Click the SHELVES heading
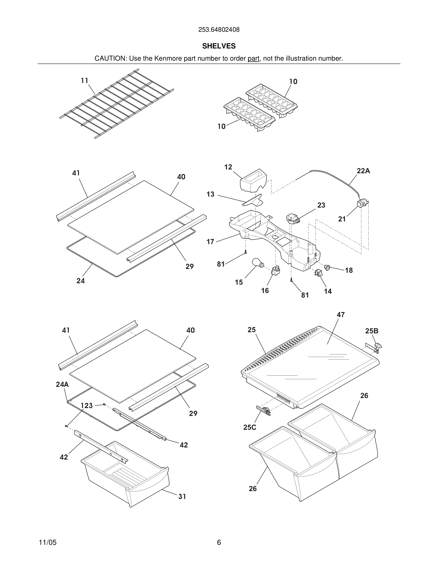click(x=219, y=46)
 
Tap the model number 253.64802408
click(x=219, y=30)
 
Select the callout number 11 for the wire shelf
click(x=84, y=81)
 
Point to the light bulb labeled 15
click(x=257, y=263)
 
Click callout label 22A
click(x=363, y=171)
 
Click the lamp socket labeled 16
click(x=276, y=271)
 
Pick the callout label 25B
click(x=372, y=331)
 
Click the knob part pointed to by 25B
click(x=379, y=345)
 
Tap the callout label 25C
click(x=250, y=427)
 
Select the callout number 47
click(x=340, y=315)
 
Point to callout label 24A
click(x=62, y=384)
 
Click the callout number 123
click(x=87, y=405)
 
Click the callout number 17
click(x=210, y=242)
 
